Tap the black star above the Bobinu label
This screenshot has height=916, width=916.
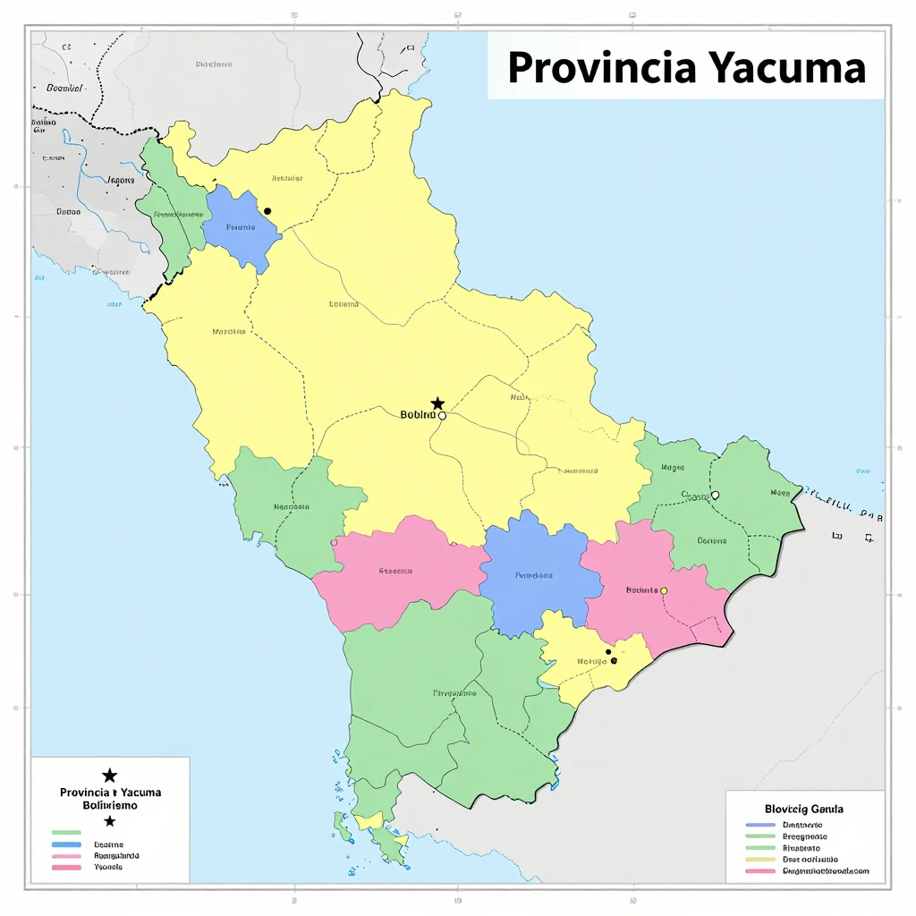tap(437, 403)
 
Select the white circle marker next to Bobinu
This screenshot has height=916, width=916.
tap(442, 415)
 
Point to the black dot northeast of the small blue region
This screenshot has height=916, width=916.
tap(267, 211)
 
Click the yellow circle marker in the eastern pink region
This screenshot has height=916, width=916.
tap(663, 590)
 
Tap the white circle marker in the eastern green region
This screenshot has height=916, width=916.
tap(714, 495)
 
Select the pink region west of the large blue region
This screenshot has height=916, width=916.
tap(398, 572)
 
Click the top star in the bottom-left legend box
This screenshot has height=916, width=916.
tap(109, 776)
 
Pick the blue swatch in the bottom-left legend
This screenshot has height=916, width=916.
tap(66, 844)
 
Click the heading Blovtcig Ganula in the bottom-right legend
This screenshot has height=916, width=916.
tap(803, 809)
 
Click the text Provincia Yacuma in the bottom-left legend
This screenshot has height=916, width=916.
tap(110, 793)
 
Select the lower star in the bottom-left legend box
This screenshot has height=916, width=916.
tap(109, 821)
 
